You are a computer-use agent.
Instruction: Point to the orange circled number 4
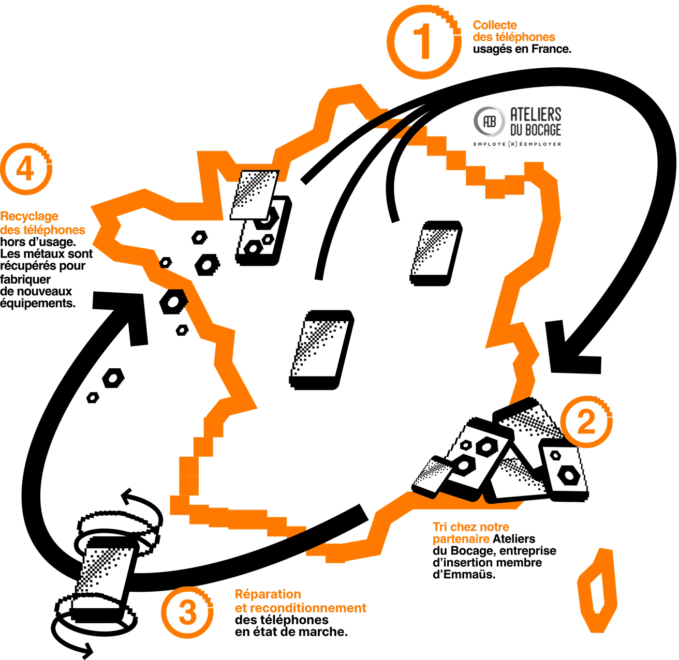(26, 169)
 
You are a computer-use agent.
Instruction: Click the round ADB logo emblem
(489, 121)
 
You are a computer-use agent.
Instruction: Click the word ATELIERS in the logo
(536, 114)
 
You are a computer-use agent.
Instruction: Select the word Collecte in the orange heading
(495, 25)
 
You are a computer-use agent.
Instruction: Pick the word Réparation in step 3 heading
(268, 594)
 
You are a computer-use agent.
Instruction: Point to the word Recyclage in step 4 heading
(29, 217)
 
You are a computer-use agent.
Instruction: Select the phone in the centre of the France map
(321, 350)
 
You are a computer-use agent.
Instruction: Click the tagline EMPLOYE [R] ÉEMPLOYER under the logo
(517, 144)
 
